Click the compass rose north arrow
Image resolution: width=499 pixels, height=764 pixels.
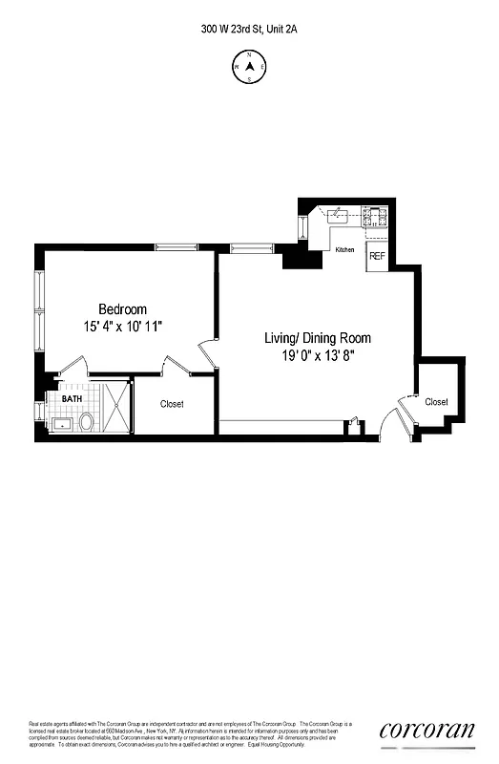pos(249,67)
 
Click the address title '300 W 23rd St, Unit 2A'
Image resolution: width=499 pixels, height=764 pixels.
pos(249,30)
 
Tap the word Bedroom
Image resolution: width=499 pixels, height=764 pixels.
pos(123,309)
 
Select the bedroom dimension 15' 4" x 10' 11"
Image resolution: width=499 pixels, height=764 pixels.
pos(123,327)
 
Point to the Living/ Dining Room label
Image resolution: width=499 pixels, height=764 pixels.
pos(318,338)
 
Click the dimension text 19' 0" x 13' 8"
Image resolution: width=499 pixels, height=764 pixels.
pos(318,355)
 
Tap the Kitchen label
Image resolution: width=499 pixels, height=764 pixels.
pos(344,250)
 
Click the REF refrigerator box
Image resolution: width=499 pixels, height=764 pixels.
pos(377,256)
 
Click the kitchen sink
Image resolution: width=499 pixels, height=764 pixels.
pos(340,216)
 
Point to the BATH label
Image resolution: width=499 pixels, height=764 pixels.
pos(73,399)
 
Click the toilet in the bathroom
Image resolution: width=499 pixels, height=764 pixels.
pos(86,421)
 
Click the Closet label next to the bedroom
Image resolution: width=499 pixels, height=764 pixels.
pos(172,404)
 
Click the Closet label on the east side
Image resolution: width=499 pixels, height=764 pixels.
pos(436,402)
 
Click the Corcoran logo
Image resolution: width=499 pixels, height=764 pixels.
pos(426,731)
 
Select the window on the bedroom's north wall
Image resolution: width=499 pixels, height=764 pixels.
pos(177,248)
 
